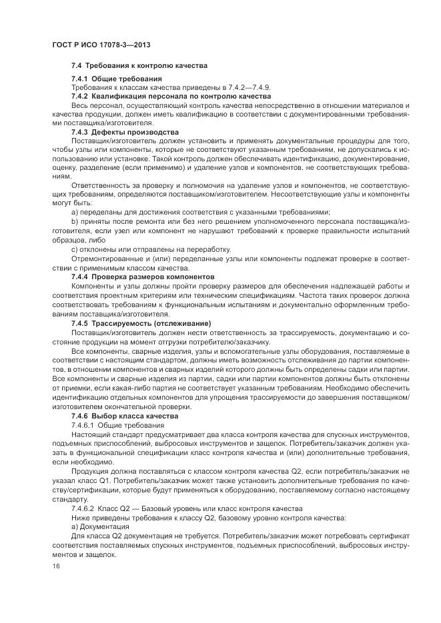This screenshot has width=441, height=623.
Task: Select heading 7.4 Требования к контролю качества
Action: pos(139,66)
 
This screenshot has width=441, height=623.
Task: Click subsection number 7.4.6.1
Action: pos(83,424)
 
